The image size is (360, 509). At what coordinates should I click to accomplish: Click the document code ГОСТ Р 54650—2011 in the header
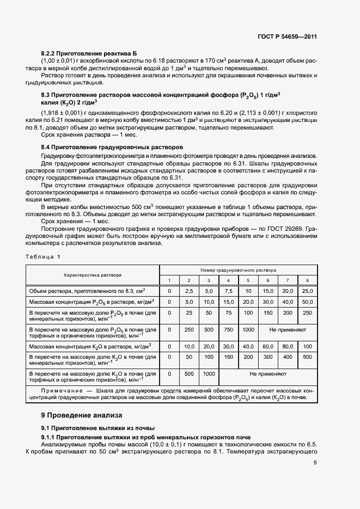[x=287, y=36]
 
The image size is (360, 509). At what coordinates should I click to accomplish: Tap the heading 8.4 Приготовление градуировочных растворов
[x=112, y=148]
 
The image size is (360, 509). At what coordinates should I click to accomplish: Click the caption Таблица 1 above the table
[x=44, y=256]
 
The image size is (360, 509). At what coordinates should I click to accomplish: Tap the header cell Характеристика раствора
[x=92, y=275]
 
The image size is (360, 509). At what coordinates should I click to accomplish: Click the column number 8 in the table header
[x=307, y=280]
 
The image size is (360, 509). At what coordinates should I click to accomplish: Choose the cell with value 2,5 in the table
[x=189, y=291]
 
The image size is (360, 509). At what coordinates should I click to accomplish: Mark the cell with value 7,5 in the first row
[x=228, y=291]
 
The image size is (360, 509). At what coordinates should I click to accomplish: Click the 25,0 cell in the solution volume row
[x=307, y=291]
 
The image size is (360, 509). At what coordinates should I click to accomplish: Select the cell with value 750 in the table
[x=228, y=330]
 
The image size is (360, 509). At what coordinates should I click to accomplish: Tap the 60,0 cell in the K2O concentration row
[x=267, y=346]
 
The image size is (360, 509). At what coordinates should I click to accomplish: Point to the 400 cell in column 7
[x=287, y=357]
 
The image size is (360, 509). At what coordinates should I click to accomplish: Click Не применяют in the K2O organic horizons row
[x=267, y=374]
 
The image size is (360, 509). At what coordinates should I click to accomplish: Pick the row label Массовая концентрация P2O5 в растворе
[x=91, y=302]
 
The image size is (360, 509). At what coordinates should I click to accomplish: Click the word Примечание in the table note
[x=60, y=392]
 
